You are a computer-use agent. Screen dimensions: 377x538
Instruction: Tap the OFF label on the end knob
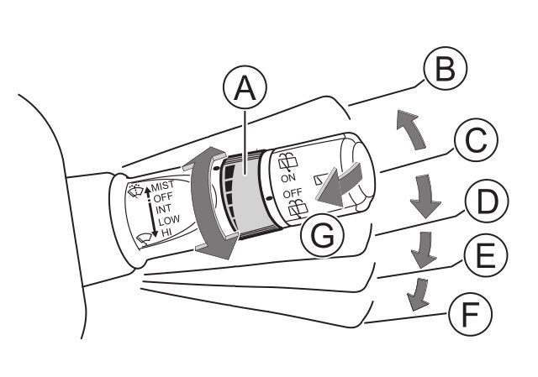pyautogui.click(x=292, y=193)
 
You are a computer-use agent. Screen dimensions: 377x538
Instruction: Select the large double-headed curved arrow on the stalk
pyautogui.click(x=205, y=205)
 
